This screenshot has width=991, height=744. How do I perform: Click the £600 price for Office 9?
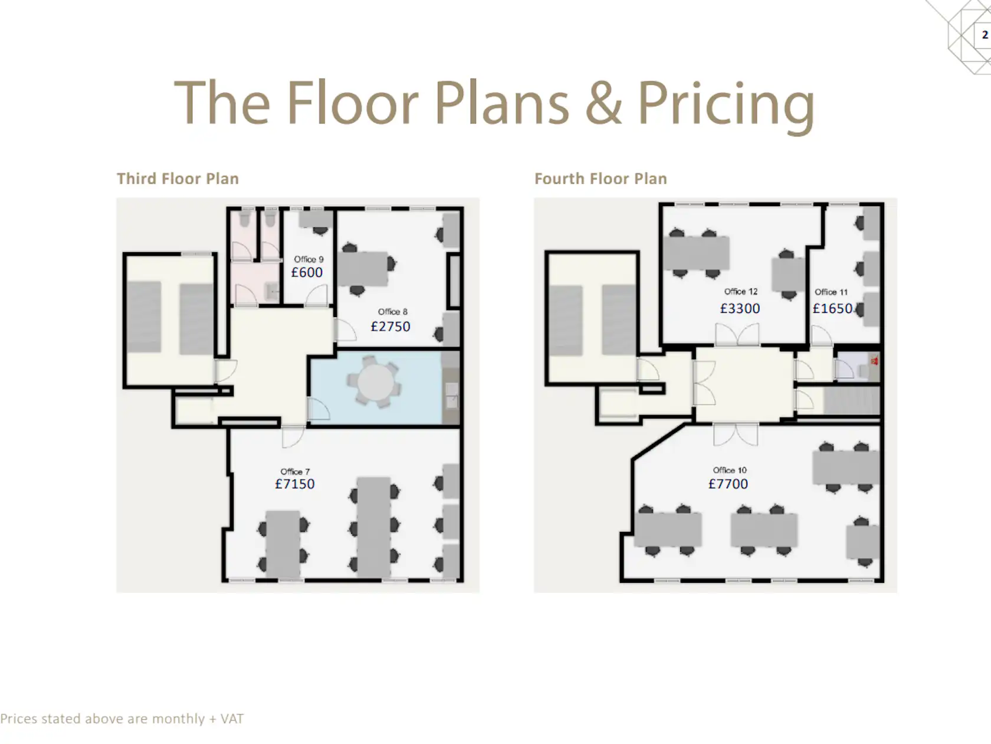point(307,272)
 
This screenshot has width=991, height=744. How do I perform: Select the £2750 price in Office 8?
point(391,327)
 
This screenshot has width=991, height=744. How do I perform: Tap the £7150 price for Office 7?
point(295,484)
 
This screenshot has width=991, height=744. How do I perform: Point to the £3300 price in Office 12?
point(740,309)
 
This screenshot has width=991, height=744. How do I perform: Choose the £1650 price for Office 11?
point(832,309)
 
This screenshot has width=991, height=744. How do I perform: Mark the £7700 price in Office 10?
point(729,484)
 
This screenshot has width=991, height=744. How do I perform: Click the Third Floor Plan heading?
point(178,179)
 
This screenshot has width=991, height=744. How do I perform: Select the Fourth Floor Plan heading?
point(601,179)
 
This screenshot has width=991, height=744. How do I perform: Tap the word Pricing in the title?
point(726,105)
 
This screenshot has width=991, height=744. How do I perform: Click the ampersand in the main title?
point(603,103)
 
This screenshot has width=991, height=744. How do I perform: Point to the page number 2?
point(985,35)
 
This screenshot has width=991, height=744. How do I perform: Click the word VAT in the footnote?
point(232,719)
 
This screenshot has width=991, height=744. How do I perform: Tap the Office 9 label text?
point(309,259)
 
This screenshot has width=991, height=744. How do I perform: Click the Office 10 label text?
point(730,470)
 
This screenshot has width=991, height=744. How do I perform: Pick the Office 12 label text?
point(741,292)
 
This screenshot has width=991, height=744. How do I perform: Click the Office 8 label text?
point(393,312)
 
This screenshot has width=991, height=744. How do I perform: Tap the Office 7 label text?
point(296,472)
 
